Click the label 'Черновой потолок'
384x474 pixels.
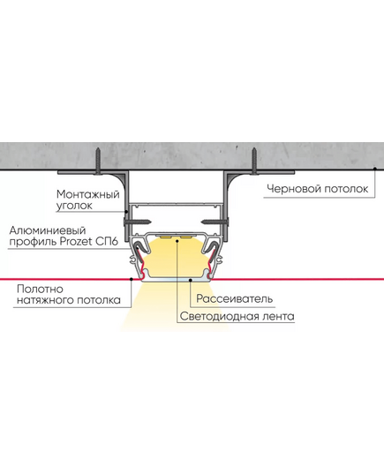[318, 189]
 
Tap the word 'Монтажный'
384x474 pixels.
[88, 194]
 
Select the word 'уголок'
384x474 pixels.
[74, 206]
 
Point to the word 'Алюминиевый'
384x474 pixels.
[48, 230]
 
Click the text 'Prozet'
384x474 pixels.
[77, 242]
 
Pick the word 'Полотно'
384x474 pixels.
[41, 289]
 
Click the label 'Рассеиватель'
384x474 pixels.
[234, 298]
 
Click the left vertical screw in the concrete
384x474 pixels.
[98, 162]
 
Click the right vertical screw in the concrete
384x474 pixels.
[254, 162]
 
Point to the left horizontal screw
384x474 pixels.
[138, 222]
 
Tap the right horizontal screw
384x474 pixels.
[215, 222]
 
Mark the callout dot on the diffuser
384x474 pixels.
[190, 280]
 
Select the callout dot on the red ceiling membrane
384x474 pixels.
[132, 279]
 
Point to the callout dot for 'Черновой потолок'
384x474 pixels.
[375, 168]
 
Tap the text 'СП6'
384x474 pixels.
[107, 242]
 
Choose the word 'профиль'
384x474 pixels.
[33, 243]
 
